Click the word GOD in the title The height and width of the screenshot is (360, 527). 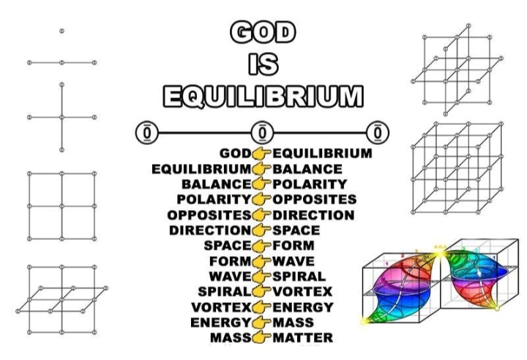click(263, 31)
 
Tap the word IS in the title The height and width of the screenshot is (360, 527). click(263, 64)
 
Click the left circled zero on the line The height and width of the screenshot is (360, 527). click(147, 133)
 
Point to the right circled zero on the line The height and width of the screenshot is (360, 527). click(378, 133)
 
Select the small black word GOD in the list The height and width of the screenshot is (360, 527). click(235, 154)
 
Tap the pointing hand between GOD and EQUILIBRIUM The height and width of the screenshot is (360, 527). click(261, 154)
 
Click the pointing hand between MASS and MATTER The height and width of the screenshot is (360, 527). click(261, 337)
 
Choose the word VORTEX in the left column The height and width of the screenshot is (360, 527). click(221, 307)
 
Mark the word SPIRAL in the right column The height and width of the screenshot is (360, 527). click(299, 276)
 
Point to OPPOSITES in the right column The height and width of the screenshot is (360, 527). click(314, 199)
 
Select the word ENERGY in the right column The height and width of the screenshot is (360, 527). click(302, 307)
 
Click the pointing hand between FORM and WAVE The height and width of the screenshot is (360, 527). click(261, 260)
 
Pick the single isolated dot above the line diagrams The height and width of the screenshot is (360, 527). click(61, 31)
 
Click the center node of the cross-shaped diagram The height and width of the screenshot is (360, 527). click(61, 117)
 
